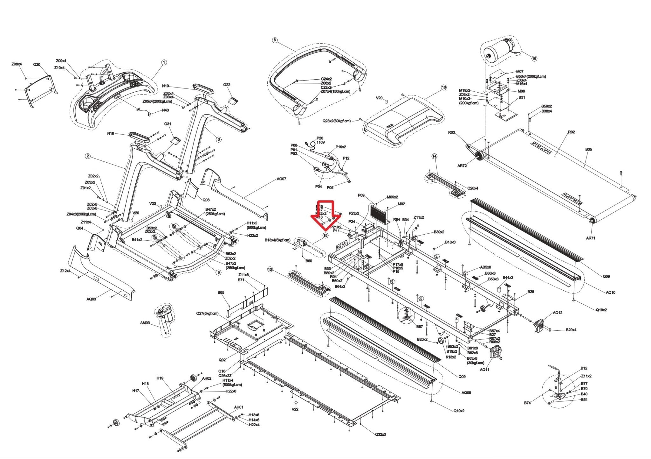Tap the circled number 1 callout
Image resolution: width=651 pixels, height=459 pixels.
click(164, 62)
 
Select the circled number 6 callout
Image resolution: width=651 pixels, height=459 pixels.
click(275, 40)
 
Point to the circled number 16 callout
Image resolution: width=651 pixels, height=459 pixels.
click(534, 58)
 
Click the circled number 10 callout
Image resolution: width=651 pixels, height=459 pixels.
click(443, 87)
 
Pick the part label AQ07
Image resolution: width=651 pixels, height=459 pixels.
click(281, 179)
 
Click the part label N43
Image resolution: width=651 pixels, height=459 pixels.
click(165, 110)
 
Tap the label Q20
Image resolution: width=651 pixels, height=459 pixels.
click(37, 64)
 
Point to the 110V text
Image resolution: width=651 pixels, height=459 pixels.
click(321, 142)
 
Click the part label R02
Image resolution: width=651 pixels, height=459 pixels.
click(571, 132)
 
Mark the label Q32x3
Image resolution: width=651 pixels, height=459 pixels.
click(380, 434)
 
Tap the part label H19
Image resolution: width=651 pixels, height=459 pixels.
click(160, 378)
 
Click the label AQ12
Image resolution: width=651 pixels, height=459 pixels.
click(558, 313)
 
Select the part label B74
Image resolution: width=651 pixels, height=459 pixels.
click(527, 403)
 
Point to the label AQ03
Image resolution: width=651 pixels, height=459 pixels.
click(91, 299)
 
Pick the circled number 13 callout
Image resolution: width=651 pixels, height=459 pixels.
click(270, 270)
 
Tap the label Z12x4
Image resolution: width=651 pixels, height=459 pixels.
click(65, 271)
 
